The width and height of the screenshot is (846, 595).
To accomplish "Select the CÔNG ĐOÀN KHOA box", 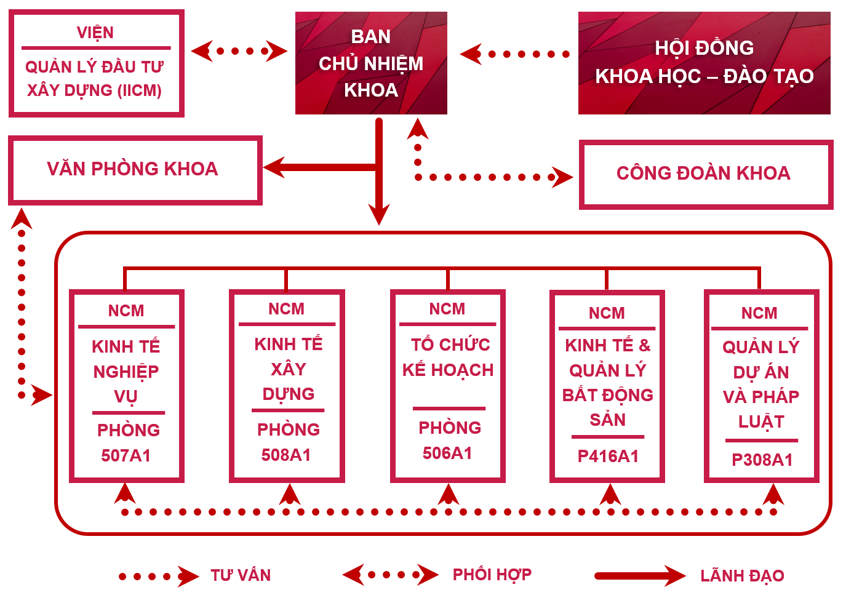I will [705, 174].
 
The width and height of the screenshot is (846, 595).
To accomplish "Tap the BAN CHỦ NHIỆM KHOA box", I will [371, 63].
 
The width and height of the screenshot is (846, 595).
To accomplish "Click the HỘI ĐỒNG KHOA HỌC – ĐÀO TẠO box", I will [704, 63].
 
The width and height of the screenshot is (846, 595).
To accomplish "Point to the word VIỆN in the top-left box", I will [95, 33].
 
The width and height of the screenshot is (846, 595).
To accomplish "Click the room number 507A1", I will [126, 456].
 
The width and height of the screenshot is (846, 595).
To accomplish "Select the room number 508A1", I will [286, 455].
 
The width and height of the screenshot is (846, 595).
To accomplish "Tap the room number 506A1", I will [447, 453].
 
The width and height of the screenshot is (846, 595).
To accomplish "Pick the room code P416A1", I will [608, 457].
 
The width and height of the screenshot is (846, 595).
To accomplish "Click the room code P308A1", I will [762, 460].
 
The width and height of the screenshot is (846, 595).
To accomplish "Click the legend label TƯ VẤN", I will [241, 575].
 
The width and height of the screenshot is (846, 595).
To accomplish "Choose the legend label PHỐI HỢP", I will [492, 575].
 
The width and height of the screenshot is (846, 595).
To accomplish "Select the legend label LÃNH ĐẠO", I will [742, 576].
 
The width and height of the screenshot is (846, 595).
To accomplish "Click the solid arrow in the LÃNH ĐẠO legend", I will [640, 576].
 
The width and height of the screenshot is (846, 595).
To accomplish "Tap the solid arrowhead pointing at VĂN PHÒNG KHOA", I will [274, 167].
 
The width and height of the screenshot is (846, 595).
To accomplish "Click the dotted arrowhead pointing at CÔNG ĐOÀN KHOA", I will [562, 177].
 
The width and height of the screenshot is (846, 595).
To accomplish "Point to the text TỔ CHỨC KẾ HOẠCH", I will [449, 357].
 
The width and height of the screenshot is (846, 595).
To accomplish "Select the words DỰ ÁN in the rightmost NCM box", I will [761, 372].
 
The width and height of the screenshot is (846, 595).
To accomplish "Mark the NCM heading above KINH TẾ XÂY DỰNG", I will [287, 309].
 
